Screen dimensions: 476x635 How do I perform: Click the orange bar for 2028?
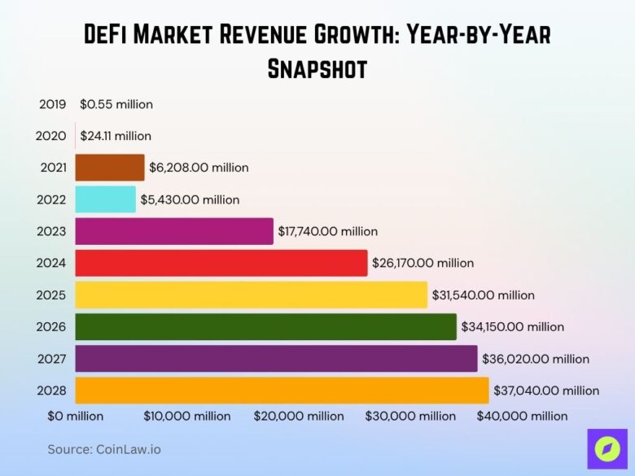(x=282, y=391)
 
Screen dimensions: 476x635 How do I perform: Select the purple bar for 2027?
(x=276, y=359)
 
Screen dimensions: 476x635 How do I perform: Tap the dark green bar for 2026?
(x=265, y=327)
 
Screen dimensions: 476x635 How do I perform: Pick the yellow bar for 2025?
(x=251, y=295)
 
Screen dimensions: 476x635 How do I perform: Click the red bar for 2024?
(x=221, y=263)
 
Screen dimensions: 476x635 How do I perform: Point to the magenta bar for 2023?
(x=174, y=231)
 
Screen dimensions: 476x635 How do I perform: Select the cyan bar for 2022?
(x=105, y=199)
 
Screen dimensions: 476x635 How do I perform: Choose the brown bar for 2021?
(x=109, y=168)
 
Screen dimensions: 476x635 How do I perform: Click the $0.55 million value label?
(x=116, y=104)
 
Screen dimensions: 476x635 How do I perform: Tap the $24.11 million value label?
(x=115, y=136)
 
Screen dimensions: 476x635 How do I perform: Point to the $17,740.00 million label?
(x=327, y=231)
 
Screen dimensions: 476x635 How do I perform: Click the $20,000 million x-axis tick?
(x=300, y=416)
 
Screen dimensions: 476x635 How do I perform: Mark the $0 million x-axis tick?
(x=75, y=416)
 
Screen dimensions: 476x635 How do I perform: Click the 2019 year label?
(x=53, y=104)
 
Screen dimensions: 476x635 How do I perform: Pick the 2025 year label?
(x=53, y=295)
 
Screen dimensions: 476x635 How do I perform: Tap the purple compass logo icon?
(x=607, y=449)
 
